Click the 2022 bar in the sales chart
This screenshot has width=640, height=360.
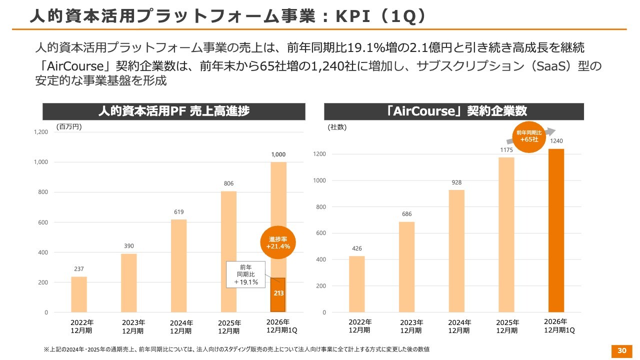[x=79, y=294]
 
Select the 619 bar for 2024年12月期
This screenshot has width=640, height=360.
[x=179, y=265]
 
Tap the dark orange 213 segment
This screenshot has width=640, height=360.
[x=278, y=295]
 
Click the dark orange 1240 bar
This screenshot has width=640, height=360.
[x=556, y=230]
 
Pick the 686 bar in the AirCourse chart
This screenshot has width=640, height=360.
[x=406, y=267]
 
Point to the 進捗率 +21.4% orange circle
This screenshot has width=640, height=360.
[x=278, y=242]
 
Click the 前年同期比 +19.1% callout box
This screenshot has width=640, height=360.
[x=245, y=274]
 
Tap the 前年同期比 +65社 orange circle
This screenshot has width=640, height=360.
[x=529, y=137]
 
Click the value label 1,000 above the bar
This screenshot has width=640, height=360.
[x=278, y=154]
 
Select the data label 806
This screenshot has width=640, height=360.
[x=228, y=183]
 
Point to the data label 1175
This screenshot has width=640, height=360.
[x=506, y=150]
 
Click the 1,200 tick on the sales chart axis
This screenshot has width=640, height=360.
[x=41, y=132]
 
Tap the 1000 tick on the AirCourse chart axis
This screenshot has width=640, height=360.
[x=319, y=180]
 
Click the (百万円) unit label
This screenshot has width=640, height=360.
[x=69, y=127]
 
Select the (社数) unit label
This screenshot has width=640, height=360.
[x=337, y=127]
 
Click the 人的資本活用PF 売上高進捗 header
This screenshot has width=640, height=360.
[x=174, y=111]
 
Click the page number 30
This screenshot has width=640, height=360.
[x=621, y=351]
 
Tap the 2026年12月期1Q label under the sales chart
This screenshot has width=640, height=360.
[x=281, y=326]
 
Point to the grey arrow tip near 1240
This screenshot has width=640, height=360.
[x=555, y=130]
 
